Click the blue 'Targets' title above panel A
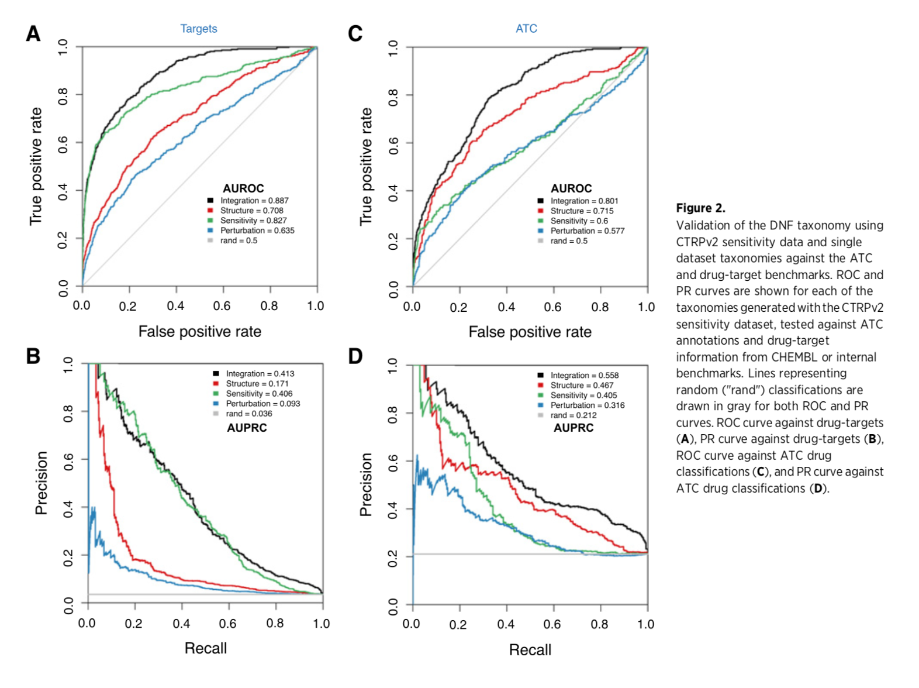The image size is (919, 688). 198,29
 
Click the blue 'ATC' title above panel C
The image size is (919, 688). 526,29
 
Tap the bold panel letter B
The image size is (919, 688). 33,356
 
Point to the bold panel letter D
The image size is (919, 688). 355,356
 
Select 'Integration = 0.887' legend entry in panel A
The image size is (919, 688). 254,201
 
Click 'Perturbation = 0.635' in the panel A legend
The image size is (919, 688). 257,231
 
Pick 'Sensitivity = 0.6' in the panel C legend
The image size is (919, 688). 579,221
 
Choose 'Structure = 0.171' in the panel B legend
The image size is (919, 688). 257,384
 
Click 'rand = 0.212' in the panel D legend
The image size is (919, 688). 573,415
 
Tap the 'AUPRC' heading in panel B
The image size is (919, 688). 247,428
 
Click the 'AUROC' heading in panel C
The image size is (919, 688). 571,188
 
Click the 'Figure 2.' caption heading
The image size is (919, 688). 700,208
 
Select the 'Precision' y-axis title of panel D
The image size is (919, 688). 366,484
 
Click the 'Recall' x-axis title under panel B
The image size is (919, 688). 205,648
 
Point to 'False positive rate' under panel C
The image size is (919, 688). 530,332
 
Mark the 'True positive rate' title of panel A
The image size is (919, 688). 36,166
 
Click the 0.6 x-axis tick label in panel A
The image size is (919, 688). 222,306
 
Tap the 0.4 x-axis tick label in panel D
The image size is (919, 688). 506,624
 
